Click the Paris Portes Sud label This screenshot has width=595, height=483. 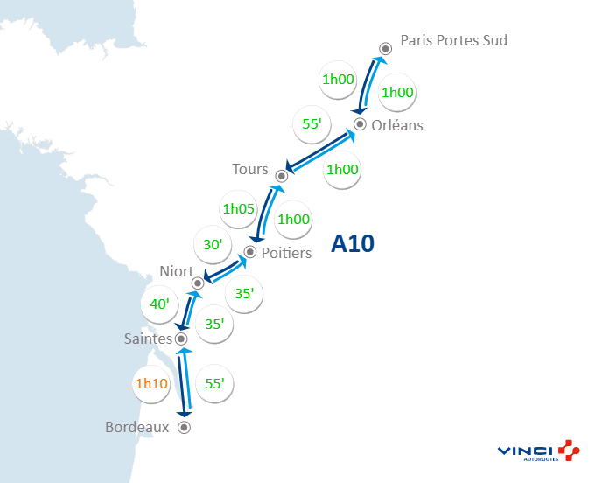[x=453, y=40]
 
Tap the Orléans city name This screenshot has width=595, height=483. [x=396, y=125]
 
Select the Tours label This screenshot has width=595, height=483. [x=250, y=169]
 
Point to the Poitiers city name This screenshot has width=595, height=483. [x=286, y=254]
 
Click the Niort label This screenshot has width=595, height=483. [x=177, y=271]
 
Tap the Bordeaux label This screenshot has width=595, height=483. [x=136, y=428]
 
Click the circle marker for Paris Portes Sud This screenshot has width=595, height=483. [x=385, y=49]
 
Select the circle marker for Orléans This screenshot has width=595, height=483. [x=360, y=124]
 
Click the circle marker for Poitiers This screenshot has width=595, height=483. [x=249, y=252]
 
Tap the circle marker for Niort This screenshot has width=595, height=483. [x=198, y=283]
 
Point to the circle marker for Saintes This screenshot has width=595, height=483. [x=181, y=339]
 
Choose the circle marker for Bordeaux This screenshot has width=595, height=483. [x=184, y=428]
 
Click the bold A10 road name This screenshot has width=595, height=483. [x=352, y=244]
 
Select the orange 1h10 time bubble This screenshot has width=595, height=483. [x=150, y=383]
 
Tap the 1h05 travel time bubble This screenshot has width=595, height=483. [x=238, y=209]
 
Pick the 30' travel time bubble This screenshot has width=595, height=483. [x=213, y=246]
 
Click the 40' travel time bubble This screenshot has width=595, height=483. [x=160, y=305]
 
